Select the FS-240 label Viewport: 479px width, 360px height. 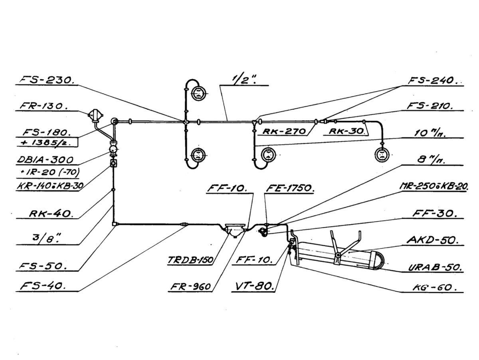coord(433,80)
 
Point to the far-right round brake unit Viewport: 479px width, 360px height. coord(382,154)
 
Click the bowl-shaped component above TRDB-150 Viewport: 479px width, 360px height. coord(234,230)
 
